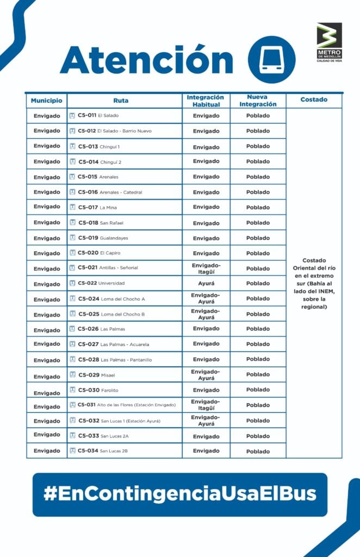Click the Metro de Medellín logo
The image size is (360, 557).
[330, 42]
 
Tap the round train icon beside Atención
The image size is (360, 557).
[271, 59]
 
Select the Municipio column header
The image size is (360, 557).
[47, 101]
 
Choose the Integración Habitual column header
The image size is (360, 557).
[206, 101]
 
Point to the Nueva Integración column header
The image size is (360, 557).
[258, 101]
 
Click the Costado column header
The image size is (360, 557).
[314, 100]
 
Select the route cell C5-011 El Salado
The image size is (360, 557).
[125, 116]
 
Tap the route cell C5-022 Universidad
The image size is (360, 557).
[125, 283]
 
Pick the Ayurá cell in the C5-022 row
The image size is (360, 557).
[206, 283]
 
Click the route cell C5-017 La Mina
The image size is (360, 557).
[125, 207]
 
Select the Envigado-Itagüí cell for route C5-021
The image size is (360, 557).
[206, 268]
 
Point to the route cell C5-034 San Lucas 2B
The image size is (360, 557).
[125, 451]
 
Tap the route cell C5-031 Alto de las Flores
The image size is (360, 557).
[125, 405]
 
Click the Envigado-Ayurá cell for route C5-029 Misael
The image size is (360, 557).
[206, 375]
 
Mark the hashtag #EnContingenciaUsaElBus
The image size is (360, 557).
[180, 494]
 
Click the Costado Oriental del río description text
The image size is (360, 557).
[314, 283]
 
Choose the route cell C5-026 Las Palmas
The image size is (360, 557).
[125, 329]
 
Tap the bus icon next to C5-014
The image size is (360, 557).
[73, 162]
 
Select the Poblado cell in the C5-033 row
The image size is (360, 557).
[258, 436]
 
